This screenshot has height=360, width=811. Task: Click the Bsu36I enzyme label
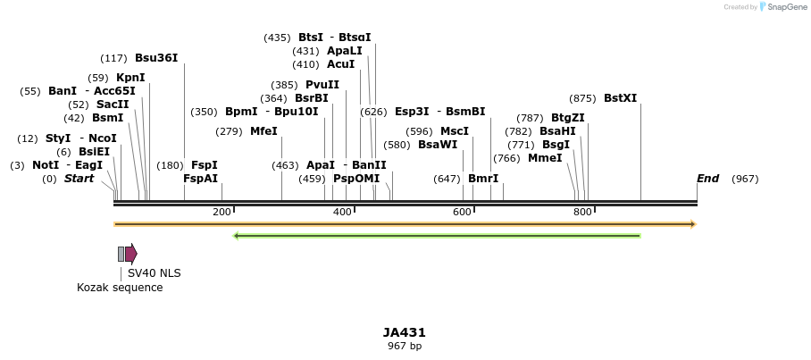156,58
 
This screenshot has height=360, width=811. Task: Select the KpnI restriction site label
130,78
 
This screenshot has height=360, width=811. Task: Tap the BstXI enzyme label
621,98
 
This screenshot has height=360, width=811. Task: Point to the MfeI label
263,131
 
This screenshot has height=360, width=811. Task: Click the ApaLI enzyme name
345,51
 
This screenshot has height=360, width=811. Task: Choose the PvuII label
322,85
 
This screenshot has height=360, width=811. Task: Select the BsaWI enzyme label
438,145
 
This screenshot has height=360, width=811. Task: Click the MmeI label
545,158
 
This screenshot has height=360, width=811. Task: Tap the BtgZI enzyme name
568,118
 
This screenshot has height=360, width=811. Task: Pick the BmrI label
483,179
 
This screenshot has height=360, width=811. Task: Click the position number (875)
582,98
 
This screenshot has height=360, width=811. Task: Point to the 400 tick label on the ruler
342,212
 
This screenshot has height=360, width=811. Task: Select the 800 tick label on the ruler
582,212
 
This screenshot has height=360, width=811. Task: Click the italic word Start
79,179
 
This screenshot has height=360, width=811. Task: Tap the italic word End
707,179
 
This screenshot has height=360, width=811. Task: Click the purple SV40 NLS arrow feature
130,254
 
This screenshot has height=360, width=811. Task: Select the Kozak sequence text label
120,288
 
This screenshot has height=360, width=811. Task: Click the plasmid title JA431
405,332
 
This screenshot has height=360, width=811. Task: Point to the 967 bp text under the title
405,346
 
